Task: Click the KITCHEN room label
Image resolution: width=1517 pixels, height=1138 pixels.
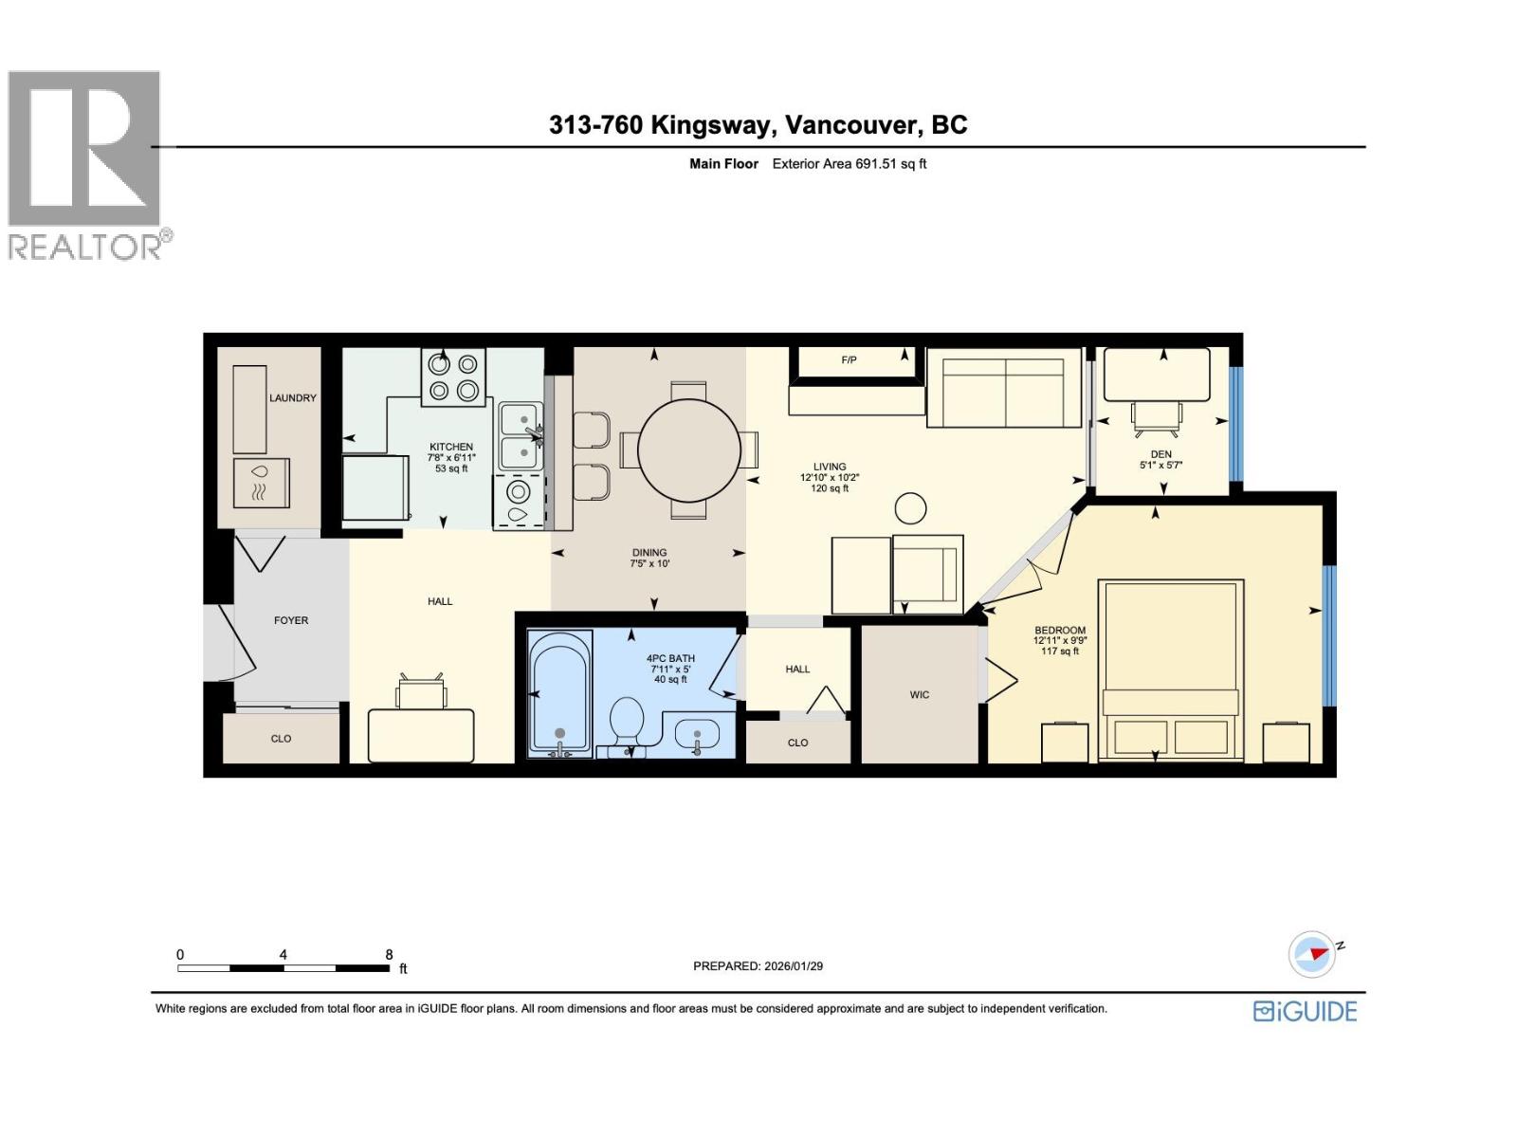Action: [x=450, y=447]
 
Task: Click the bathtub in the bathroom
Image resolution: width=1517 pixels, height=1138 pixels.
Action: [x=559, y=695]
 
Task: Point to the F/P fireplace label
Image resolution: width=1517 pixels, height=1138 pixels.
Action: [x=849, y=360]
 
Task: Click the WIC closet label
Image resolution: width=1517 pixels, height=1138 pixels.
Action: [x=919, y=695]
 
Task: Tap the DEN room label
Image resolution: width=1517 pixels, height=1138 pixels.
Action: [x=1161, y=454]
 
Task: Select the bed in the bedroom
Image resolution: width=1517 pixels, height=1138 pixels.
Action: [x=1170, y=669]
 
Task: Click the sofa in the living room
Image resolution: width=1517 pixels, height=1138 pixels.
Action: [x=1004, y=388]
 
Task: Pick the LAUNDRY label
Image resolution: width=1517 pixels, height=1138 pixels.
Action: [x=292, y=398]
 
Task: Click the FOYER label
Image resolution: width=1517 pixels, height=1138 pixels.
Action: [x=291, y=620]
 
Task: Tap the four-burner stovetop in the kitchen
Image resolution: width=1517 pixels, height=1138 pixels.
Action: [x=453, y=376]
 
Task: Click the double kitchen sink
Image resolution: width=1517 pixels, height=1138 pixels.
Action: [x=520, y=437]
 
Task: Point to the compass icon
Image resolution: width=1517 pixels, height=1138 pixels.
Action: [x=1312, y=954]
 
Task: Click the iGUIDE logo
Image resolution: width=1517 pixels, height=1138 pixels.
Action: [x=1305, y=1011]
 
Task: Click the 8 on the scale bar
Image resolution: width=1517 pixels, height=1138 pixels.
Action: [x=389, y=955]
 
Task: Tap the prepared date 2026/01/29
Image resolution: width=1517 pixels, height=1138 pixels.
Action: [x=792, y=966]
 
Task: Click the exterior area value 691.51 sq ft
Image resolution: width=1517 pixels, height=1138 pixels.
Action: [x=890, y=164]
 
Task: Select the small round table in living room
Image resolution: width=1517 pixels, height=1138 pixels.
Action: [x=910, y=508]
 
